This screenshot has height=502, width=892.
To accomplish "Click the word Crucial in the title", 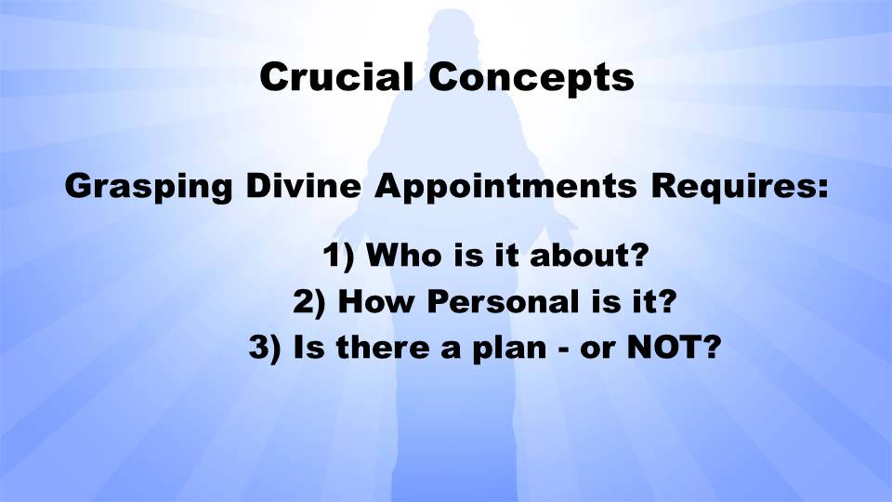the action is point(336,76).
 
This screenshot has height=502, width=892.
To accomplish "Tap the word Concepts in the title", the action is point(531,78).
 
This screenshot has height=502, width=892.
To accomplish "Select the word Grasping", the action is point(149,187).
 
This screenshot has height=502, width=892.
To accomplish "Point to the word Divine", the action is point(303,185).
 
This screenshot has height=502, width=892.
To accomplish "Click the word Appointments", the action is point(505,187).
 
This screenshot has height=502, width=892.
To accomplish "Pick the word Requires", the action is point(734,187).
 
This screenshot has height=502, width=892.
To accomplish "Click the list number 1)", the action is point(338,255).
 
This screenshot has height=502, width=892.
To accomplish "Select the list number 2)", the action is point(308,301).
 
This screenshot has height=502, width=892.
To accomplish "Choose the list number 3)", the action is point(265,347).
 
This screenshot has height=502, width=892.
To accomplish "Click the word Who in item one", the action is point(403,254).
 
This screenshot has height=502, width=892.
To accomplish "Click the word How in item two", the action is point(375,301).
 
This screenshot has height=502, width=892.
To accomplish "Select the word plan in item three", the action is point(509,349).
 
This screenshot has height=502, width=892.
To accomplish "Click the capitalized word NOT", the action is point(658,347).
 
